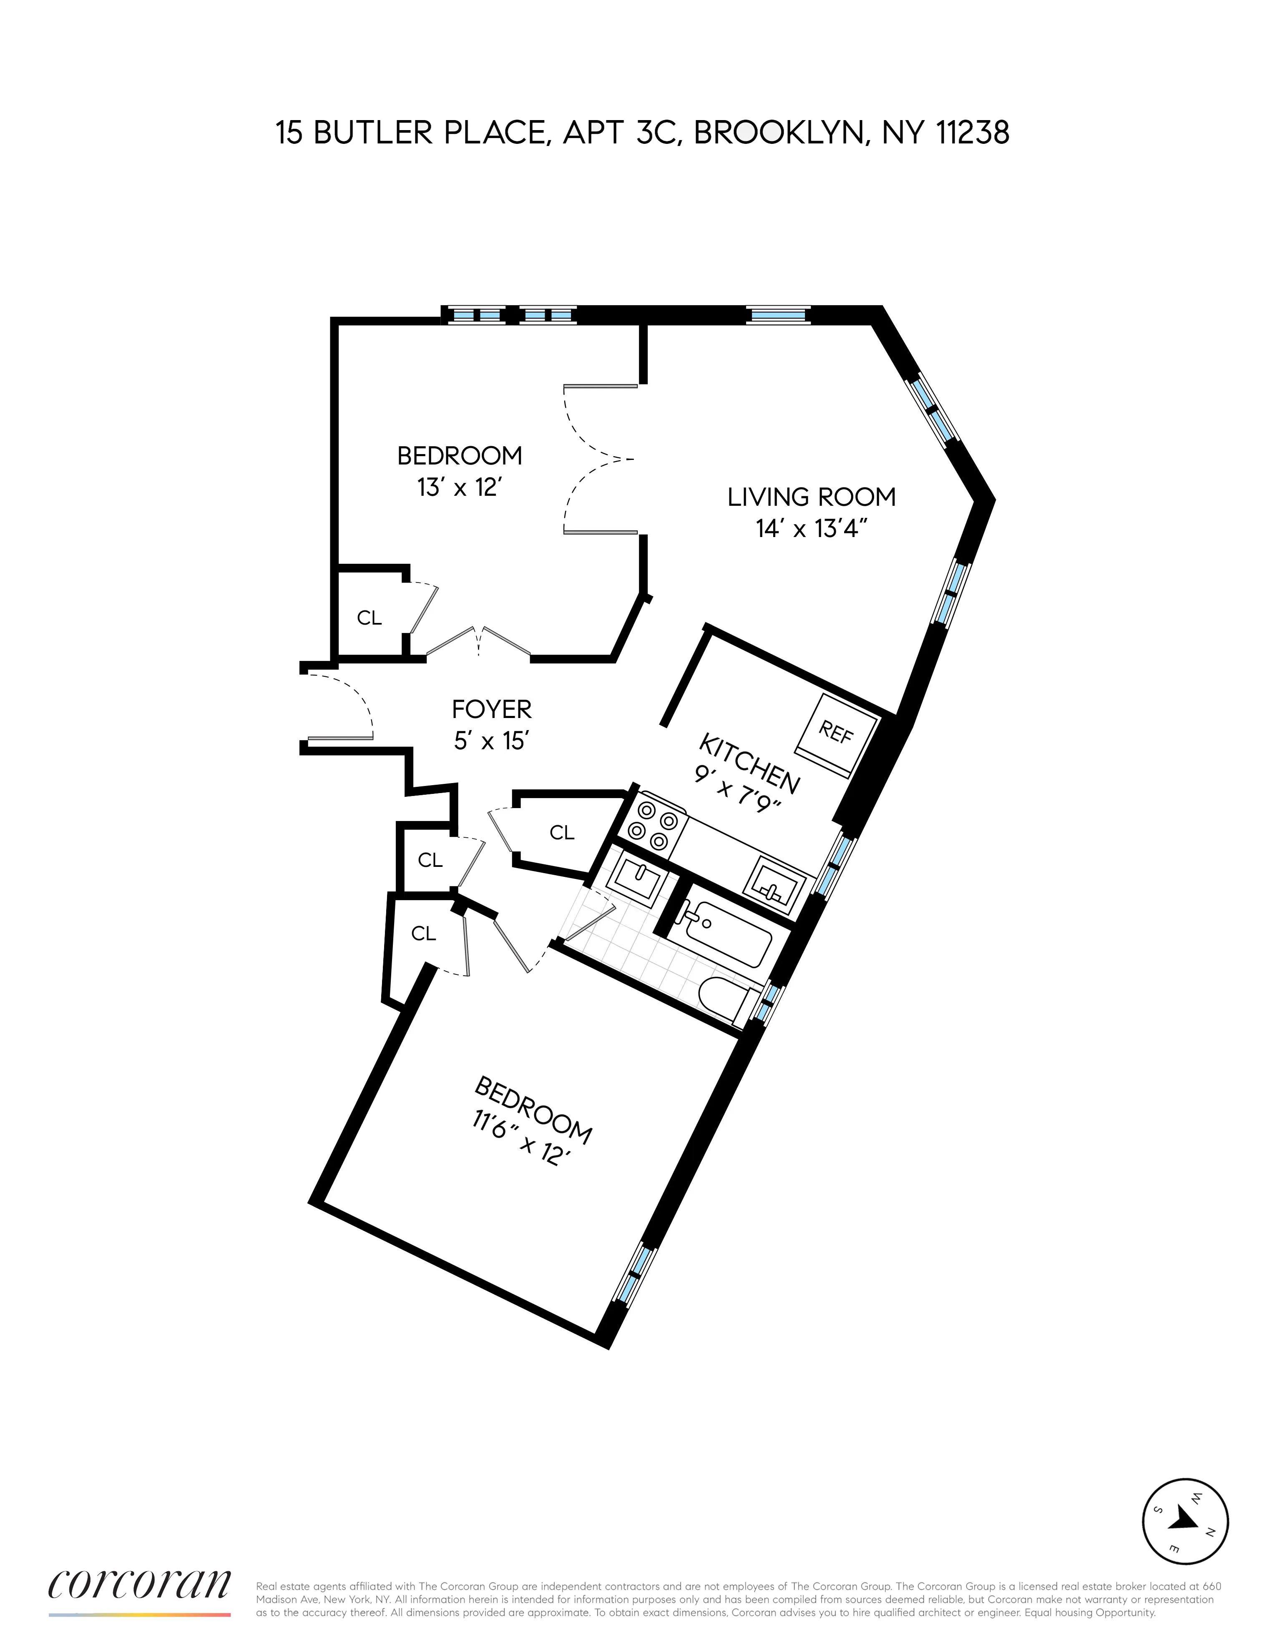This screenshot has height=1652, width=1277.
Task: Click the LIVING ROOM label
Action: [811, 497]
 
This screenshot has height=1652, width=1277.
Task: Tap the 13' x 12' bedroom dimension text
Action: [460, 487]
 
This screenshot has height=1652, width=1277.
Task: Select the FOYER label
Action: [492, 709]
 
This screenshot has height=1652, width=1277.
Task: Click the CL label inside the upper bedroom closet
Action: [369, 618]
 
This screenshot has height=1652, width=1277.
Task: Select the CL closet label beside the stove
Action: [561, 832]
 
